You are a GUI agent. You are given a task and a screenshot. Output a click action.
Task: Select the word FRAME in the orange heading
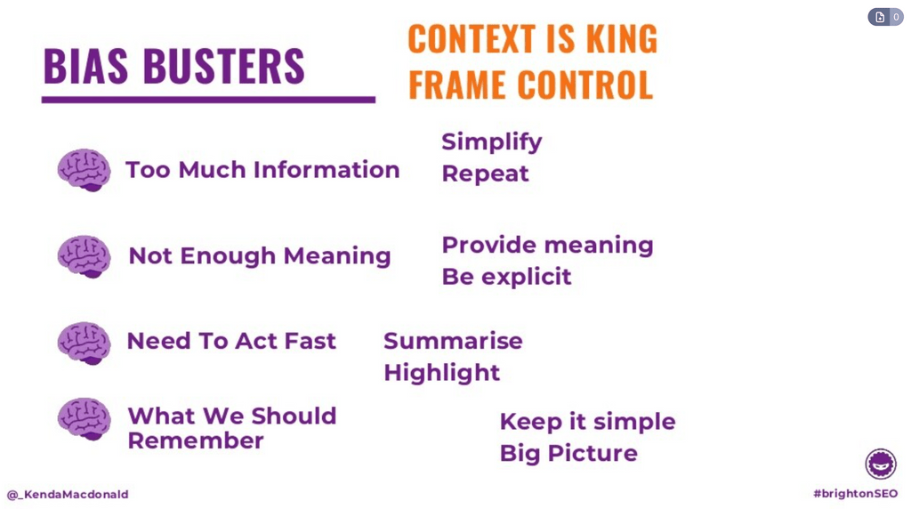click(x=457, y=85)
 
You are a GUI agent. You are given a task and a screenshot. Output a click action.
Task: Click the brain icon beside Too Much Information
click(x=84, y=170)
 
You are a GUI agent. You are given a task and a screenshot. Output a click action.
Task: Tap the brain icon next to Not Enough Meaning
click(x=84, y=256)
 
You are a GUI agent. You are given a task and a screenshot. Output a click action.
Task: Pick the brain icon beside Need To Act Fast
click(x=84, y=343)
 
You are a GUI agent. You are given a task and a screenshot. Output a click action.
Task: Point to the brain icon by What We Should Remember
click(x=84, y=419)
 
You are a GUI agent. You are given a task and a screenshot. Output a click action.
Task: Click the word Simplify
click(x=492, y=142)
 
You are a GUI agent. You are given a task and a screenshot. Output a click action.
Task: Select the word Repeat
click(x=485, y=174)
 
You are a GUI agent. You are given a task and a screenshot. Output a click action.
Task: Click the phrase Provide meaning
click(x=547, y=245)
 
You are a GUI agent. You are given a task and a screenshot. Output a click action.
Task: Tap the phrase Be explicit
click(x=506, y=277)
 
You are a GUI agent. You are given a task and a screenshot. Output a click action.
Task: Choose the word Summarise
click(x=453, y=341)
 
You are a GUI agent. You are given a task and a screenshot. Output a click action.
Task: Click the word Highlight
click(x=441, y=373)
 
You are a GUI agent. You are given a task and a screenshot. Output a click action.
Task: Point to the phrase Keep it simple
click(x=587, y=422)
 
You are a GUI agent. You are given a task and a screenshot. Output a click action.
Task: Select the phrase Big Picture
click(x=568, y=453)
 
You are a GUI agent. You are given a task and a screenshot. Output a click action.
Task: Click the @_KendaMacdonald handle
click(x=68, y=495)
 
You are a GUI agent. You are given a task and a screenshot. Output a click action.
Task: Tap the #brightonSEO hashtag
click(x=855, y=494)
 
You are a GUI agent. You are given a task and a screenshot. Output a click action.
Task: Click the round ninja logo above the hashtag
click(x=881, y=464)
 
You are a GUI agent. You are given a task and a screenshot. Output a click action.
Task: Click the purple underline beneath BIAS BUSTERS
click(x=208, y=100)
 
